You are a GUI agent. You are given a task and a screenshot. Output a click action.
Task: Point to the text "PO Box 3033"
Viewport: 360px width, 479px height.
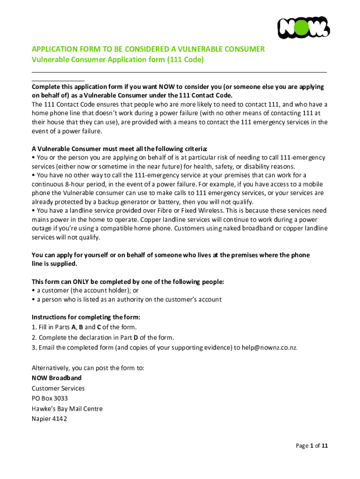(50, 398)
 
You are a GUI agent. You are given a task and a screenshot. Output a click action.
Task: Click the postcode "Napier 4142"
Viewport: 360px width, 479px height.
(49, 419)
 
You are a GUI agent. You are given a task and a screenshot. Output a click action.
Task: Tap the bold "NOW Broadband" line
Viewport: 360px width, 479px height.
(57, 377)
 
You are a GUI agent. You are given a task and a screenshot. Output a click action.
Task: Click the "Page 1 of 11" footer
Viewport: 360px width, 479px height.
(312, 446)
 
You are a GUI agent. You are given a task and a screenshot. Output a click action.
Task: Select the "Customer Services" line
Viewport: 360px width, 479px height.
(58, 388)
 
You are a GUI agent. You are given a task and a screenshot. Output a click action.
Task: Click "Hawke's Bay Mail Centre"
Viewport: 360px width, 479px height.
(67, 408)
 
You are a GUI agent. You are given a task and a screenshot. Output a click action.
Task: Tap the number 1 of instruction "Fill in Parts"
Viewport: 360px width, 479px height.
(34, 327)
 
